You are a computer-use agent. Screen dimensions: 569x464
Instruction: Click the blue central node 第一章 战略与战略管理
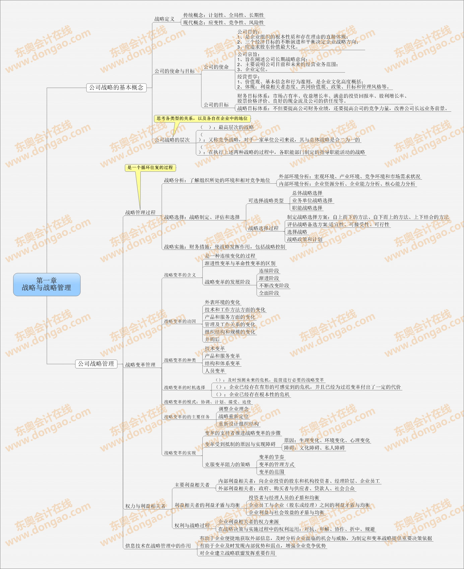(x=47, y=284)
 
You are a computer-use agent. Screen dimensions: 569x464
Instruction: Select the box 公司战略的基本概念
(x=116, y=88)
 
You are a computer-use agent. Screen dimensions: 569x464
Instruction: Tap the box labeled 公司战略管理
(x=96, y=364)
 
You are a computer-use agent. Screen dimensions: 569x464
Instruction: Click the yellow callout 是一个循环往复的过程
(x=150, y=168)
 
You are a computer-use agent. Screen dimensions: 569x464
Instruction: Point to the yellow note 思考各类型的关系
(x=202, y=118)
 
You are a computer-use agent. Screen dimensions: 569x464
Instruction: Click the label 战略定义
(x=164, y=19)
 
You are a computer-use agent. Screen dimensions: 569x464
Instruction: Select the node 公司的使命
(x=216, y=67)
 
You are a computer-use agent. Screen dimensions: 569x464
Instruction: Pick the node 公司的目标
(x=216, y=105)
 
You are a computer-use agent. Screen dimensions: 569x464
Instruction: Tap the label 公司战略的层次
(x=172, y=140)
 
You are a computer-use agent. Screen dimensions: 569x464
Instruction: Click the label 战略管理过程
(x=140, y=212)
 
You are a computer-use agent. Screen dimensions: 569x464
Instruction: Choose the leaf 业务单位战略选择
(x=312, y=200)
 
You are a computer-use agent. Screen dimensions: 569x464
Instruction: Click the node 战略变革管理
(x=140, y=365)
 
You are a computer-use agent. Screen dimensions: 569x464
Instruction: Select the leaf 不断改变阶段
(x=274, y=286)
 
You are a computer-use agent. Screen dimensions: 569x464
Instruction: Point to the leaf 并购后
(x=212, y=339)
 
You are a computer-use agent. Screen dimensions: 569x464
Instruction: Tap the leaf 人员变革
(x=215, y=371)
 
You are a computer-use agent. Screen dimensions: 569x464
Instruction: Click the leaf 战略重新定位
(x=234, y=416)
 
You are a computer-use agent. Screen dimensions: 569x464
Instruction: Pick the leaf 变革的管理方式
(x=276, y=464)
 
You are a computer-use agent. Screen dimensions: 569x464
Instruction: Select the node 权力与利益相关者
(x=145, y=506)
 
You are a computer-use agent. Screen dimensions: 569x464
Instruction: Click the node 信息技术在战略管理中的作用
(x=158, y=546)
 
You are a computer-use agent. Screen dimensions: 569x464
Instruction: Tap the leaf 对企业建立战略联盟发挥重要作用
(x=237, y=553)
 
